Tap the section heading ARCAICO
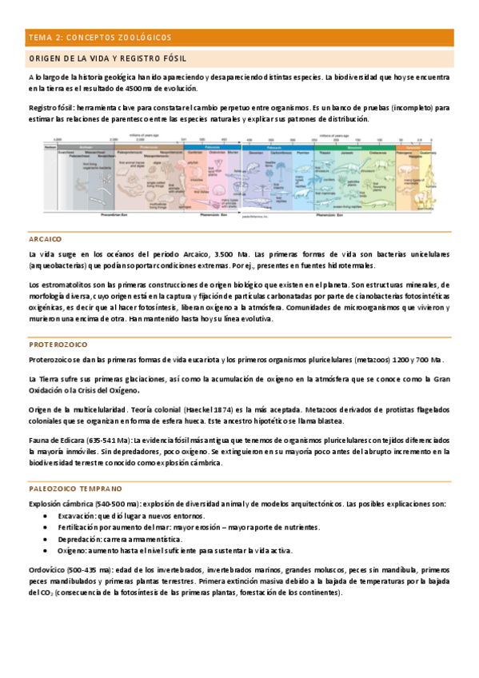45,239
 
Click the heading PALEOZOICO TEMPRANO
75,488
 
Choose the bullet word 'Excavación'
74,516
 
